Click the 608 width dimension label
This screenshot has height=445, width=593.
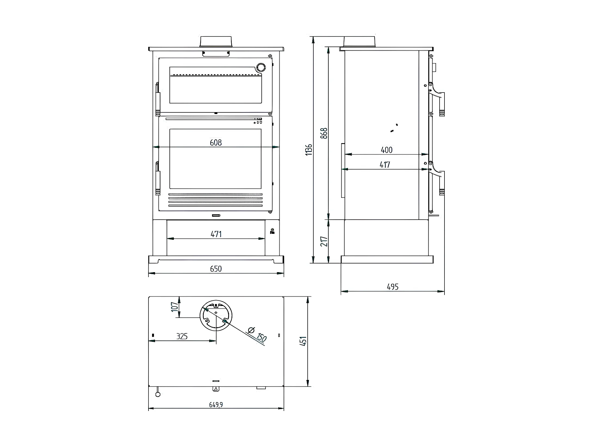[216, 143]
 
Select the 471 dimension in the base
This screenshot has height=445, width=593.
[216, 234]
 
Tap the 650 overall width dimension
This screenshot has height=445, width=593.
[216, 269]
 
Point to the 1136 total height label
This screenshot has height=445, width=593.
[309, 150]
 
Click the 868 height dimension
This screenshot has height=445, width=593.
[324, 133]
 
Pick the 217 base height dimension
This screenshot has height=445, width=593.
[324, 241]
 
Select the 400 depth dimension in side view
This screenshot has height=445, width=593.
[386, 150]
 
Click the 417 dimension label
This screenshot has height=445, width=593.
[385, 165]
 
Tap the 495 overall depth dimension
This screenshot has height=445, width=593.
[392, 287]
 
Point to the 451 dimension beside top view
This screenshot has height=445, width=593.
[303, 341]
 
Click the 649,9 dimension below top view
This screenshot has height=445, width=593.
[216, 412]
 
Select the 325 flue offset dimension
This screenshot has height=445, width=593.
[182, 336]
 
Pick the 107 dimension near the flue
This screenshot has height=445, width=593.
[175, 307]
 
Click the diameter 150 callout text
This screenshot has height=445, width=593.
[257, 334]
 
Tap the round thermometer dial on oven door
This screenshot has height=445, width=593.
[261, 67]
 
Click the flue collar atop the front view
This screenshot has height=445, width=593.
[216, 41]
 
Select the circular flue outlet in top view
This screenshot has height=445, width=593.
[216, 315]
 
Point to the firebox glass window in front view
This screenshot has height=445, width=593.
[215, 159]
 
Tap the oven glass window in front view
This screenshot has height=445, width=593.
[215, 85]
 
